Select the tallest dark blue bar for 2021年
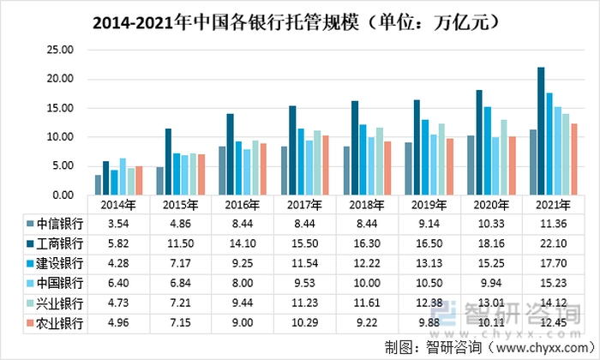tap(541, 130)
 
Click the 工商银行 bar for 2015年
tap(169, 161)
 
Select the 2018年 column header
tap(365, 205)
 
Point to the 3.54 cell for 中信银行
tap(117, 224)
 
